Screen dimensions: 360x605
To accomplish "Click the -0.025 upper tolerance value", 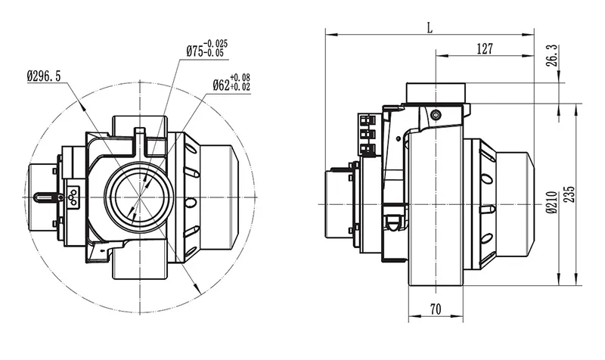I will click(217, 44).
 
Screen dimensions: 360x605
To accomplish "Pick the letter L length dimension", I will click(430, 29).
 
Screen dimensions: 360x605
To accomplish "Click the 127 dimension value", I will click(485, 49).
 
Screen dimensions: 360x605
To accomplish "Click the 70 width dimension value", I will click(434, 309).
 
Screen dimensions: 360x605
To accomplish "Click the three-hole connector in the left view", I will click(73, 195).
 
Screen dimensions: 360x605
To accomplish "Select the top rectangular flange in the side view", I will click(438, 92).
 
